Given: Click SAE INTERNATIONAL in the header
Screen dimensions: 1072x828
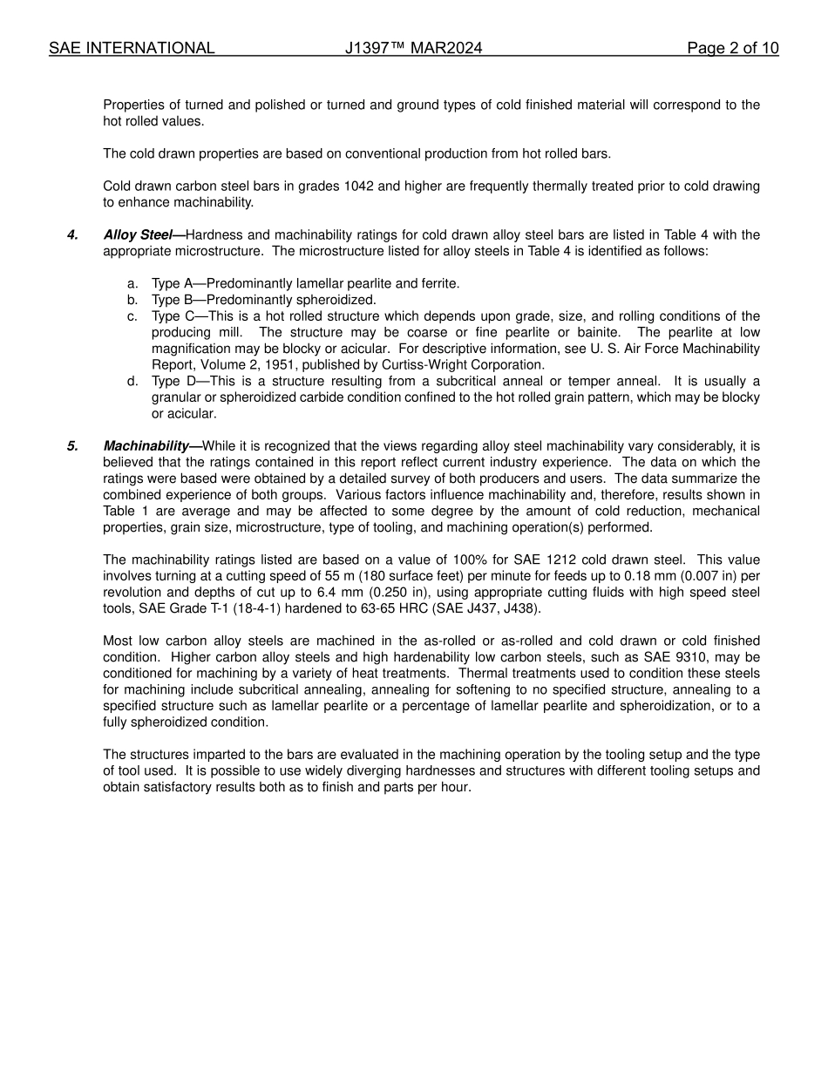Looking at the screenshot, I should pos(131,48).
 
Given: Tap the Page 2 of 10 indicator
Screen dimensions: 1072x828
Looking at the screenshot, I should pos(732,48).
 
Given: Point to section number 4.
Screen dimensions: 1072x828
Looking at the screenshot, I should pos(72,234).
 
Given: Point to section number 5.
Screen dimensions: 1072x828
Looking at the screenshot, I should pos(72,445).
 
